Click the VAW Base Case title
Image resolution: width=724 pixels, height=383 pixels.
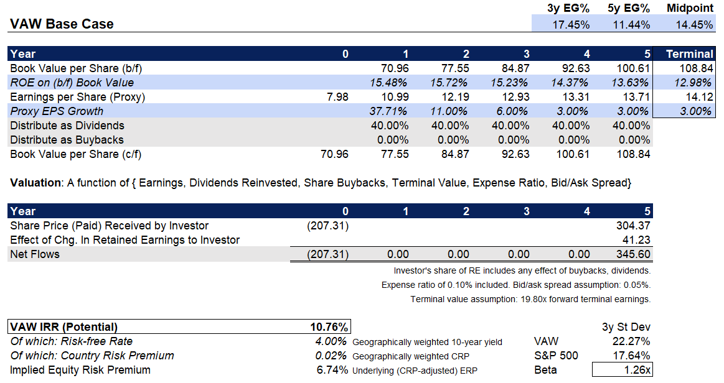coord(62,24)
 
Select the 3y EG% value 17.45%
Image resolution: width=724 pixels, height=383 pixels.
coord(571,25)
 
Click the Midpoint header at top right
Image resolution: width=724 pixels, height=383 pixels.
coord(690,9)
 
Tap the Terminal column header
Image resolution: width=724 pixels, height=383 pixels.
coord(689,54)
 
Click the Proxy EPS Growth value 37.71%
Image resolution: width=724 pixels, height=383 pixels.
coord(389,111)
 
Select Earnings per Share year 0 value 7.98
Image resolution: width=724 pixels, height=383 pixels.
coord(336,97)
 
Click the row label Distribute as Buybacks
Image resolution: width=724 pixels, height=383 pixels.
coord(67,140)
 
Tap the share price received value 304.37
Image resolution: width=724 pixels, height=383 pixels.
coord(633,226)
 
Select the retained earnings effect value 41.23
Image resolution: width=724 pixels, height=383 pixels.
coord(637,239)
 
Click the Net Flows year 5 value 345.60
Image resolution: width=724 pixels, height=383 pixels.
coord(633,254)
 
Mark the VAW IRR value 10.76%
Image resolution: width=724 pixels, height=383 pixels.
coord(329,327)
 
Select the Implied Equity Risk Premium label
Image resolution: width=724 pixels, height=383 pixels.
coord(80,371)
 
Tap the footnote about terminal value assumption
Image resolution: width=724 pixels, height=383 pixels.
coord(530,300)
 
